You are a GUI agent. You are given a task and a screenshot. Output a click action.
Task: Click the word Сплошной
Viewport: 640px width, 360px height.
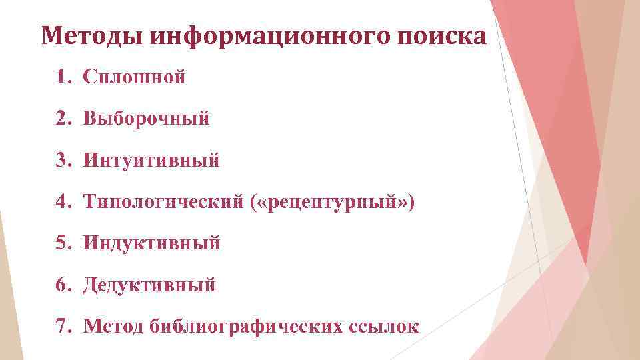[x=134, y=77]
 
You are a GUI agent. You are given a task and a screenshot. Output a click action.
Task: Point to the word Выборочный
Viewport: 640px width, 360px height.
[x=147, y=119]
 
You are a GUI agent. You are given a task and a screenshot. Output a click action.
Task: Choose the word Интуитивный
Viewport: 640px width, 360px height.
[x=151, y=161]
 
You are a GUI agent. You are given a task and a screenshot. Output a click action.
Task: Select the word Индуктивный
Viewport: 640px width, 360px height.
[x=151, y=243]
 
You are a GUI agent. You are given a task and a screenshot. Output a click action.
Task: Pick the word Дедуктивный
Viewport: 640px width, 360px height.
[x=149, y=285]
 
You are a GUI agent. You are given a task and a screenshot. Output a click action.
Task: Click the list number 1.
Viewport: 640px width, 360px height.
[x=63, y=77]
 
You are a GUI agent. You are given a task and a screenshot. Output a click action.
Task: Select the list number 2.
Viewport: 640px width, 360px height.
[x=63, y=119]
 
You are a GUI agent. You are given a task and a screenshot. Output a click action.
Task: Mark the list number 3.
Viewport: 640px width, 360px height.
[x=63, y=161]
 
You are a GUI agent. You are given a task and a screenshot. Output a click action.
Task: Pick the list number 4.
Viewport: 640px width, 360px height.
[x=63, y=202]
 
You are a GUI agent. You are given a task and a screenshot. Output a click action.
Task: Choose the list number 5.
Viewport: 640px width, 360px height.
[x=63, y=243]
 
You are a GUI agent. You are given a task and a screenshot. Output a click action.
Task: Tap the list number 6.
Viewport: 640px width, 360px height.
[x=63, y=285]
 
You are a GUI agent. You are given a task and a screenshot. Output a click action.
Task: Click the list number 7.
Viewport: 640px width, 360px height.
[x=63, y=327]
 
